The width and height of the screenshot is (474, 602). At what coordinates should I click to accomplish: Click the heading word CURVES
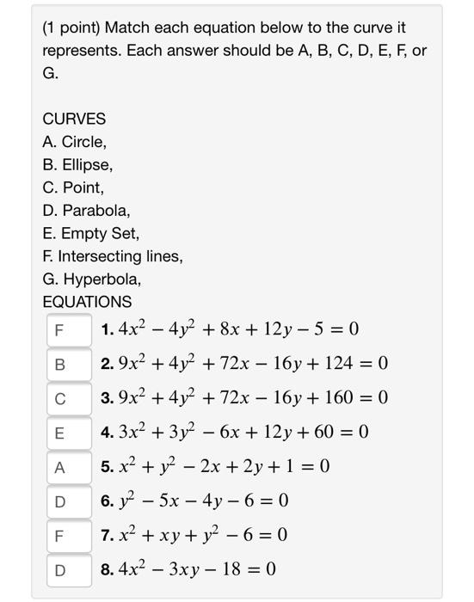pyautogui.click(x=74, y=118)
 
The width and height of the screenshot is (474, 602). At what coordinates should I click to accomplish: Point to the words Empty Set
pyautogui.click(x=97, y=233)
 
